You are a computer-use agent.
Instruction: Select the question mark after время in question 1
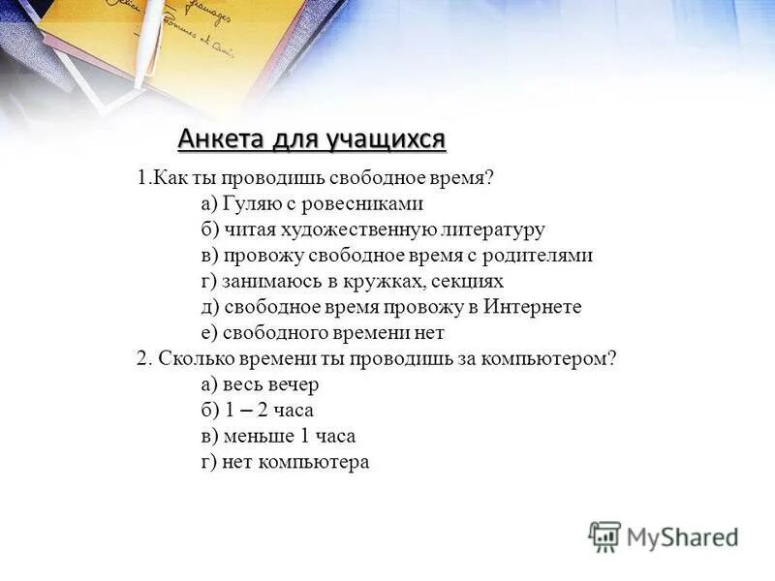click(489, 178)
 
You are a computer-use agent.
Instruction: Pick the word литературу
click(492, 230)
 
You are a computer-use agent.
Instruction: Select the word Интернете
click(530, 307)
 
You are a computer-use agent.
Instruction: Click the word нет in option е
click(429, 333)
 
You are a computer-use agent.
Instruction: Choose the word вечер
click(292, 384)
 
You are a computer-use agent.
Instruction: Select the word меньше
click(259, 436)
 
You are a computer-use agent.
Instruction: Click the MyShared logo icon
click(604, 535)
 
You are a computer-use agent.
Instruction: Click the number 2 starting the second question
click(141, 358)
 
